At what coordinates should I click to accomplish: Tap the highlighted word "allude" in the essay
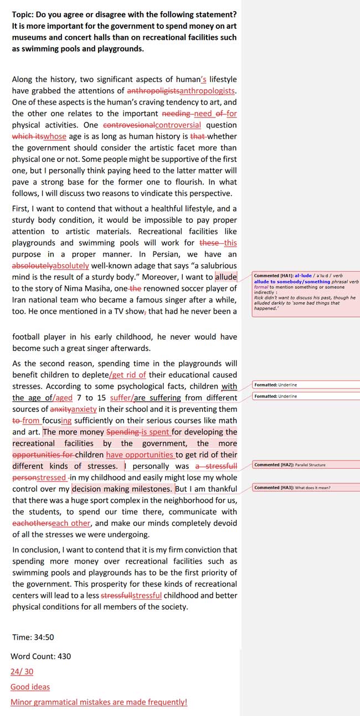[x=226, y=277]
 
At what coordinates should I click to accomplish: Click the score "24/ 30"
[x=22, y=672]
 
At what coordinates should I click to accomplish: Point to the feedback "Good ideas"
[x=30, y=687]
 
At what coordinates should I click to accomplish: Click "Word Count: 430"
[x=41, y=656]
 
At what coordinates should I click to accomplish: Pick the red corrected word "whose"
[x=55, y=136]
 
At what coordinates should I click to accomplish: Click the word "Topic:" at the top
[x=24, y=14]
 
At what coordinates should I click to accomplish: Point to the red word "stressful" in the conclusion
[x=147, y=596]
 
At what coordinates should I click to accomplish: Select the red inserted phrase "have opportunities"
[x=140, y=454]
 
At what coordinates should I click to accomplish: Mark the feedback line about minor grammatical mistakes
[x=99, y=702]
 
